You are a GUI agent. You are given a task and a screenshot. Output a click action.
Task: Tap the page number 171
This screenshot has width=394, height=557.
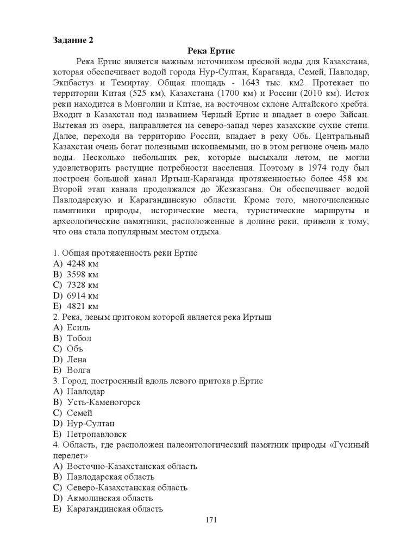211,521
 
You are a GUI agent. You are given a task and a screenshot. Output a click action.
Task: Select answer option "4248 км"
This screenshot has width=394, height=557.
82,264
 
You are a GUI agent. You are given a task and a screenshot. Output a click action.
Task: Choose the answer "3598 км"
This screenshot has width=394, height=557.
82,274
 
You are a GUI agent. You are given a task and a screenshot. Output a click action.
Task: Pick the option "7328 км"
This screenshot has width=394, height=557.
82,284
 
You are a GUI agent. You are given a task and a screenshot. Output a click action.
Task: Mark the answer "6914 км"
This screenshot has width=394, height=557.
82,295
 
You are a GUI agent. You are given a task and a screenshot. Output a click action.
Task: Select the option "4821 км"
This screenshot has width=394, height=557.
82,306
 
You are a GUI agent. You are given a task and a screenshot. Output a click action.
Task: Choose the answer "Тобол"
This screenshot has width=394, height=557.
79,338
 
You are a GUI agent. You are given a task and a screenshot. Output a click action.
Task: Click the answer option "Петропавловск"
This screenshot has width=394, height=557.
96,434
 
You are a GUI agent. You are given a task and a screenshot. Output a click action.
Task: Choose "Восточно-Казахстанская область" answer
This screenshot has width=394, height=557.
132,466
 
